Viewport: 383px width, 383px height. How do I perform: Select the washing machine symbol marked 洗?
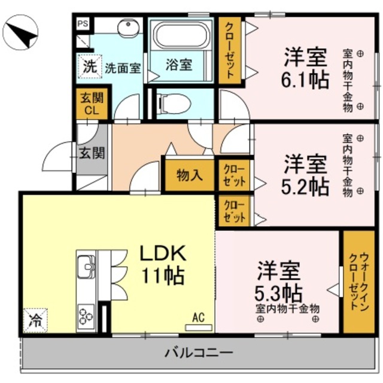tap(88, 66)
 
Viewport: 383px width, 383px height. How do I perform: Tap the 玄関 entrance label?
tap(91, 152)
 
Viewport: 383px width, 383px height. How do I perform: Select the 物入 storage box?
tap(189, 175)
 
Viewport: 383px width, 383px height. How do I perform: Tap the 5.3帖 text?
tap(279, 293)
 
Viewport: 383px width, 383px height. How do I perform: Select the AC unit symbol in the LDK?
tap(198, 327)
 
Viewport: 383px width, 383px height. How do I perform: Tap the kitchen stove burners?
tap(86, 314)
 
